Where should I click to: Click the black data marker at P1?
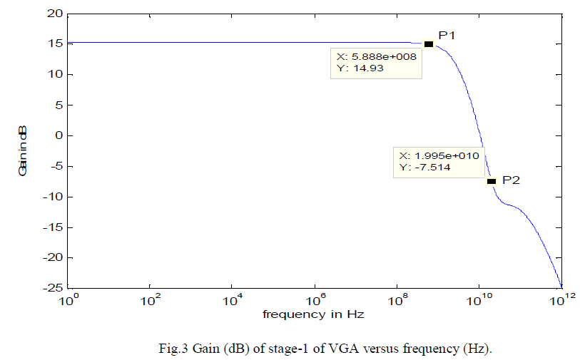(429, 44)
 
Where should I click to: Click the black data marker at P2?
(491, 181)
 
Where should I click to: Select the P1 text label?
(447, 35)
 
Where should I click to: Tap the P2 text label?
(511, 180)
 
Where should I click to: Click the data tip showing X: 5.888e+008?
(377, 63)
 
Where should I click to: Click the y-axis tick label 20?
(54, 14)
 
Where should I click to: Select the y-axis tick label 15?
(54, 44)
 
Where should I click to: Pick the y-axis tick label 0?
(58, 135)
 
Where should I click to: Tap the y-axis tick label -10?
(52, 197)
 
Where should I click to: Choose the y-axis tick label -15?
(52, 227)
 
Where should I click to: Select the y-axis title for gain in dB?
(23, 151)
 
